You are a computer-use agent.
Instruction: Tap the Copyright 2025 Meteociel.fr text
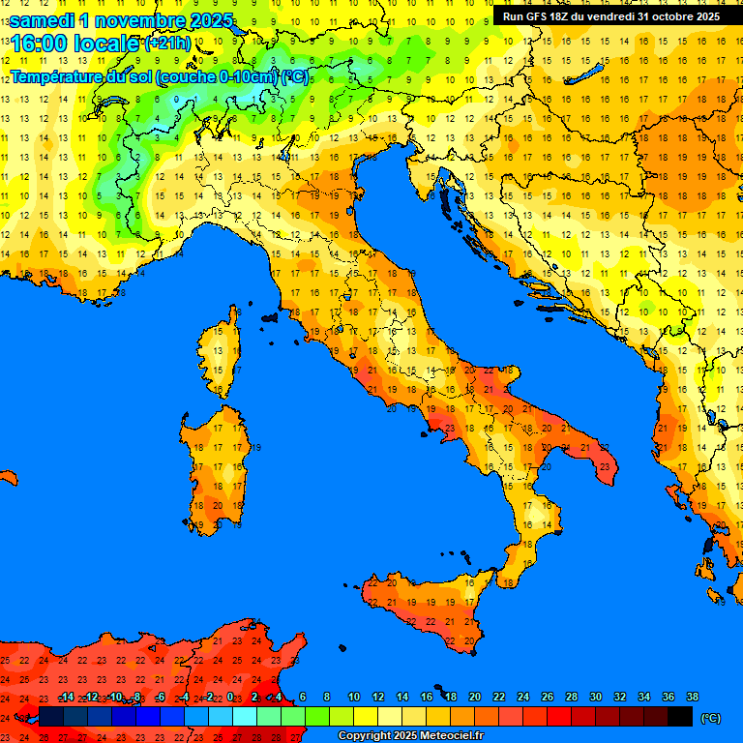410,736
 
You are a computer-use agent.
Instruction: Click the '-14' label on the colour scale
67,698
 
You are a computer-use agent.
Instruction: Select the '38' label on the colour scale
692,698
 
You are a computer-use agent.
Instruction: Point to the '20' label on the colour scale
474,698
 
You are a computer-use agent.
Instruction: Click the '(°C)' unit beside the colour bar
711,718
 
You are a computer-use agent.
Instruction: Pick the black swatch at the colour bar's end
680,717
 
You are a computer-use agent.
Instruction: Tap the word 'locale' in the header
107,44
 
